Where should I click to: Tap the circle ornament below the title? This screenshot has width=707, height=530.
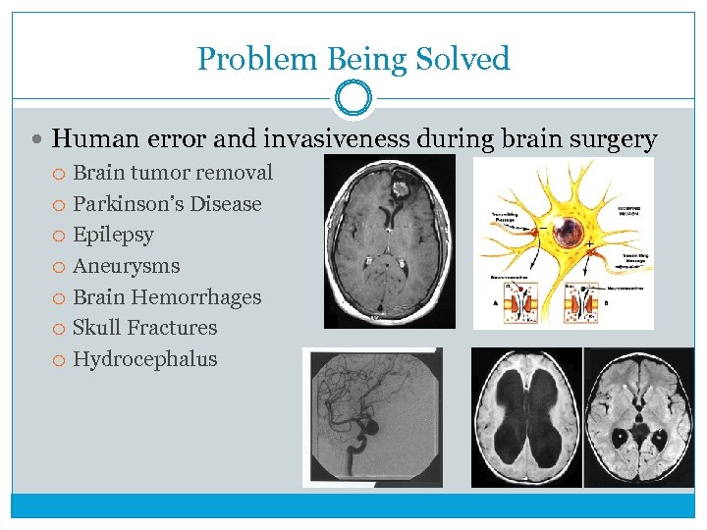353,99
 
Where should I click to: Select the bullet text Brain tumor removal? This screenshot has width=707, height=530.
173,173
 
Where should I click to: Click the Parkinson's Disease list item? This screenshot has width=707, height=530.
167,204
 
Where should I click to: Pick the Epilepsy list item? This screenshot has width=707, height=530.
113,235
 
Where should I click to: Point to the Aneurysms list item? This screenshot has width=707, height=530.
127,266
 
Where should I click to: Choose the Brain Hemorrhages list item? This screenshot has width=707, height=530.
167,297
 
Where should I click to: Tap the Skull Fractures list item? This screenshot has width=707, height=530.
145,328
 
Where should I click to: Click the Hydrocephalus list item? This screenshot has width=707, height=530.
145,359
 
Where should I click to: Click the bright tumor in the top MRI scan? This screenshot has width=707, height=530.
402,183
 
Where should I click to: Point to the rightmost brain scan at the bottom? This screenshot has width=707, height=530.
638,417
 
